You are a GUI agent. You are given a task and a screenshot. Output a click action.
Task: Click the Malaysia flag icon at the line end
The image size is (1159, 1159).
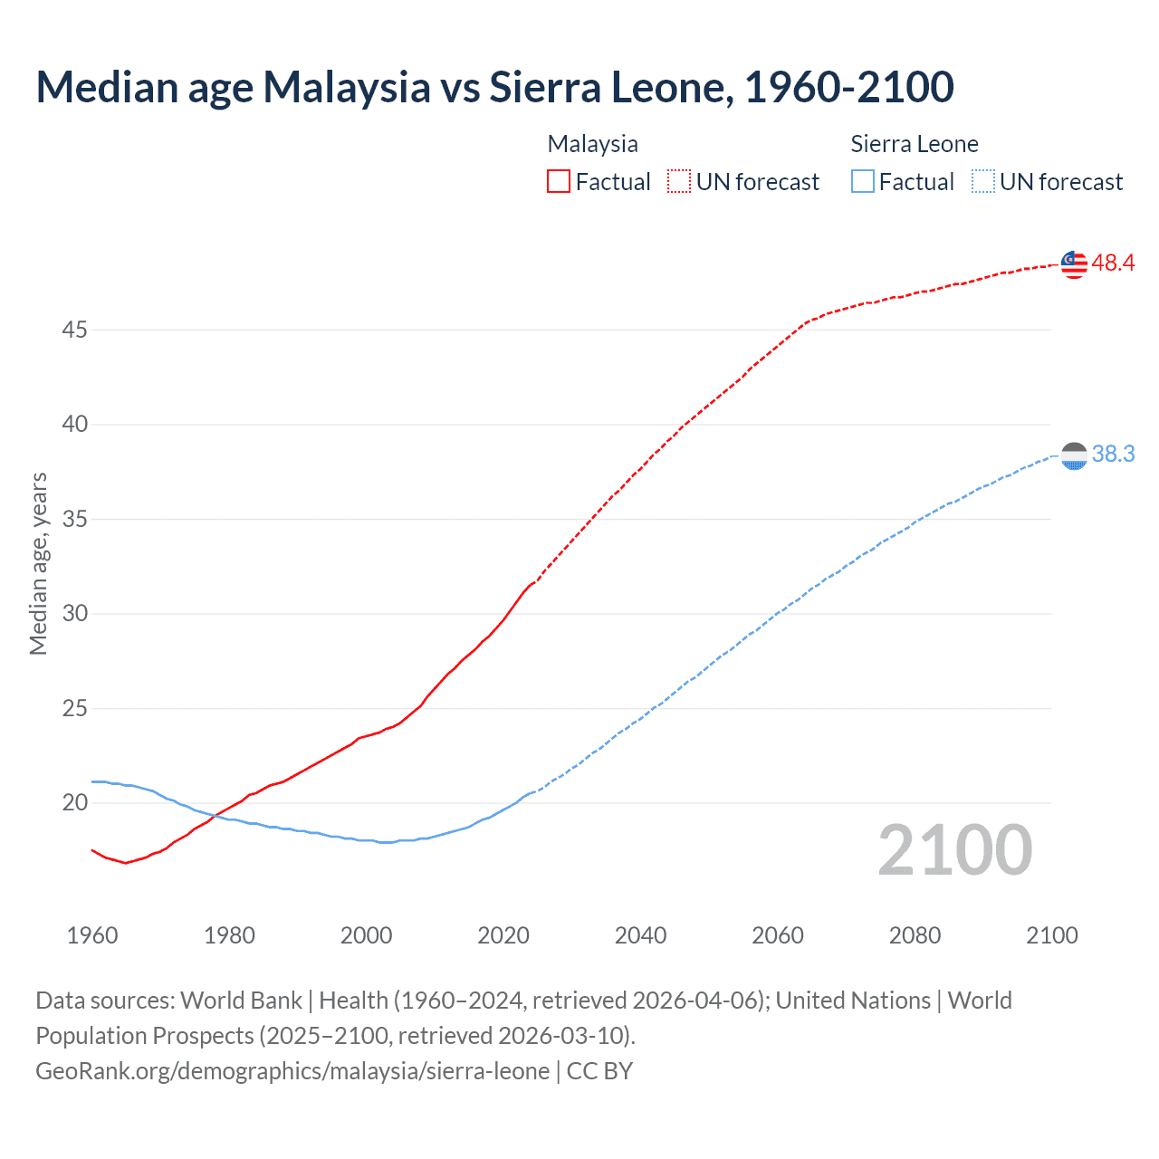(x=1074, y=264)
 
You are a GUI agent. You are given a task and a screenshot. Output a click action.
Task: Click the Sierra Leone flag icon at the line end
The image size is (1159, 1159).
(x=1074, y=456)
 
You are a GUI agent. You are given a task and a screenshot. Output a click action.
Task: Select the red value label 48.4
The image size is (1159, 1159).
(x=1113, y=263)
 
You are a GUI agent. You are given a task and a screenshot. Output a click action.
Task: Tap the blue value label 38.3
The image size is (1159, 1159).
(x=1113, y=455)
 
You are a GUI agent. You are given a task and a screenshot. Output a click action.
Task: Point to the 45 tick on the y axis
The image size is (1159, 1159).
(x=74, y=330)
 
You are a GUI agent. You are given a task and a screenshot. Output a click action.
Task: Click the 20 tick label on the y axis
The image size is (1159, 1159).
(x=74, y=803)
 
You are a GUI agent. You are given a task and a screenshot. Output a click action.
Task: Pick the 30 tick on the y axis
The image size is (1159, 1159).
(x=74, y=614)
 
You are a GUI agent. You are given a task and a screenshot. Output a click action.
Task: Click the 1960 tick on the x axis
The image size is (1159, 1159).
(x=92, y=935)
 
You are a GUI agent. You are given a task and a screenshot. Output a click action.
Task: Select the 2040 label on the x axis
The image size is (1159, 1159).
(x=640, y=935)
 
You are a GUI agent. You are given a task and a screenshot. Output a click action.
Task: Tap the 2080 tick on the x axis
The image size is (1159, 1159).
(x=915, y=935)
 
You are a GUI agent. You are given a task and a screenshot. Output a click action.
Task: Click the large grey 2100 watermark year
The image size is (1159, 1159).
(x=954, y=850)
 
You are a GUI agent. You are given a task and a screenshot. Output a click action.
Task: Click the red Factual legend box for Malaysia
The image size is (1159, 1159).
(x=559, y=182)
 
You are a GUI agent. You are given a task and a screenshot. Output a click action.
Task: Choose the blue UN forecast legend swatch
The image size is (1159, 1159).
(x=983, y=182)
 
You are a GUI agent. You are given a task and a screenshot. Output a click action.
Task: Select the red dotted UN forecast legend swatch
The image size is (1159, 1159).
(x=679, y=182)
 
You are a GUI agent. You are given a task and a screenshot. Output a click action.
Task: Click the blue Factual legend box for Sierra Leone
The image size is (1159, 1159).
(x=863, y=182)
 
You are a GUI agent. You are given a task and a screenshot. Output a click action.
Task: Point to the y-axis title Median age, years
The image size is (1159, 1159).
(x=39, y=563)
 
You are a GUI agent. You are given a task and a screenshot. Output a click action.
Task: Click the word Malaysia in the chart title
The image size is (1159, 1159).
(x=347, y=87)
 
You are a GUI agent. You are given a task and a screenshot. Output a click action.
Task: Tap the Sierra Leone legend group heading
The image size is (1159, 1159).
(x=915, y=144)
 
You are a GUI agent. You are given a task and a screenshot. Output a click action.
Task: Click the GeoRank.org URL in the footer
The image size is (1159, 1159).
(x=292, y=1071)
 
